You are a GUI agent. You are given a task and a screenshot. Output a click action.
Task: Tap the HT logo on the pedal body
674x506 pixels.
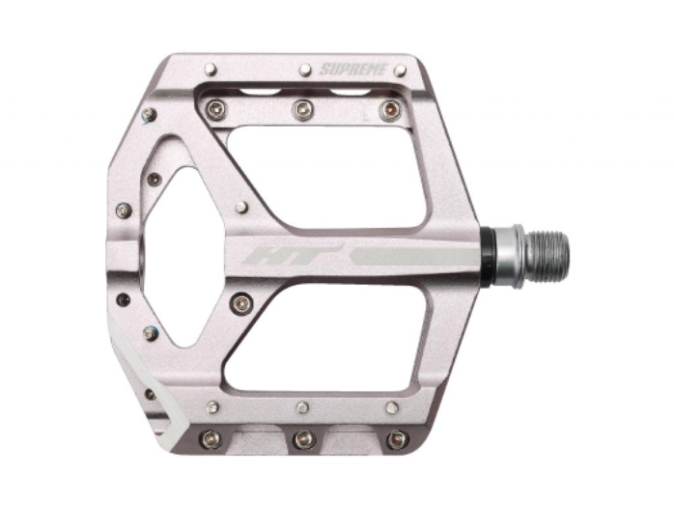click(x=269, y=255)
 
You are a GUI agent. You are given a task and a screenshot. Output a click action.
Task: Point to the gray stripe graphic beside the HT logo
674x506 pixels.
click(x=404, y=256)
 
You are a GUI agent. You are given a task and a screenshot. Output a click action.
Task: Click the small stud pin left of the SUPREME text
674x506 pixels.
click(x=305, y=69)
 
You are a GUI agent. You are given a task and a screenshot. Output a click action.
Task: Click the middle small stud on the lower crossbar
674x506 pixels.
click(x=303, y=406)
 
